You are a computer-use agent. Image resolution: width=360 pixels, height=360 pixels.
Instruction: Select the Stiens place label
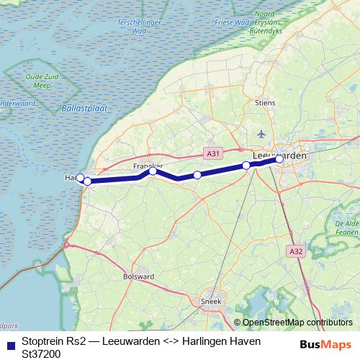coord(265,103)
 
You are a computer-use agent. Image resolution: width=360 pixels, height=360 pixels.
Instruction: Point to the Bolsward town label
coord(139,275)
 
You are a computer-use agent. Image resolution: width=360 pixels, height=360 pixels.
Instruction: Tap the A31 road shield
coord(212,153)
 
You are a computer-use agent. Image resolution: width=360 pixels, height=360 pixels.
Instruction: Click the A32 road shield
coord(295,251)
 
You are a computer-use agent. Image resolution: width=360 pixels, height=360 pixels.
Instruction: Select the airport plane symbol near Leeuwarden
coord(261,134)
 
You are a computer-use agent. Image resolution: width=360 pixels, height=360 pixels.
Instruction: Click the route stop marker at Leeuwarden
coord(279,160)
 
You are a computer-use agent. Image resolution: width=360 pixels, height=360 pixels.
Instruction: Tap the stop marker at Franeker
coord(153,171)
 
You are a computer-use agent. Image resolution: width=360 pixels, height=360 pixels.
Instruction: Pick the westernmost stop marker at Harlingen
coord(81,177)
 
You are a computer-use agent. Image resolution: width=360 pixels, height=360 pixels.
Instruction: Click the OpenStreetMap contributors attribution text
coord(297,323)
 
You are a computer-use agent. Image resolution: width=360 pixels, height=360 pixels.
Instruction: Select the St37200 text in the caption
coord(42,353)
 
